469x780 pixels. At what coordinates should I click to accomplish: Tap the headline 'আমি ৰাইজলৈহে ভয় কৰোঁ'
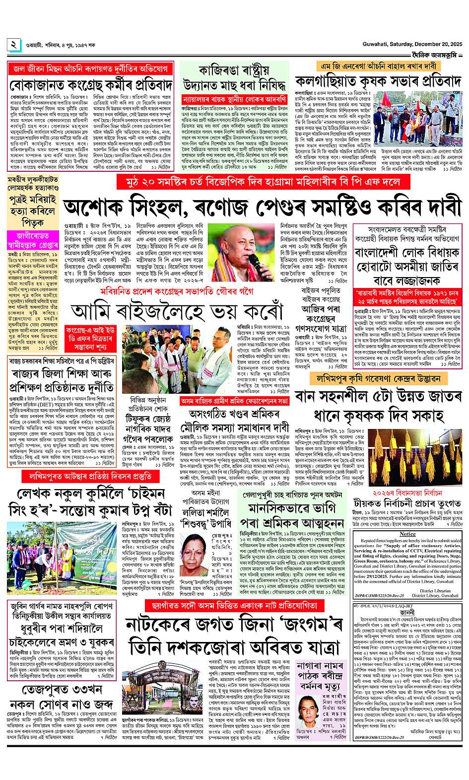click(176, 311)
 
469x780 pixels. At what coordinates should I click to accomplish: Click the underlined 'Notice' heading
click(407, 534)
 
